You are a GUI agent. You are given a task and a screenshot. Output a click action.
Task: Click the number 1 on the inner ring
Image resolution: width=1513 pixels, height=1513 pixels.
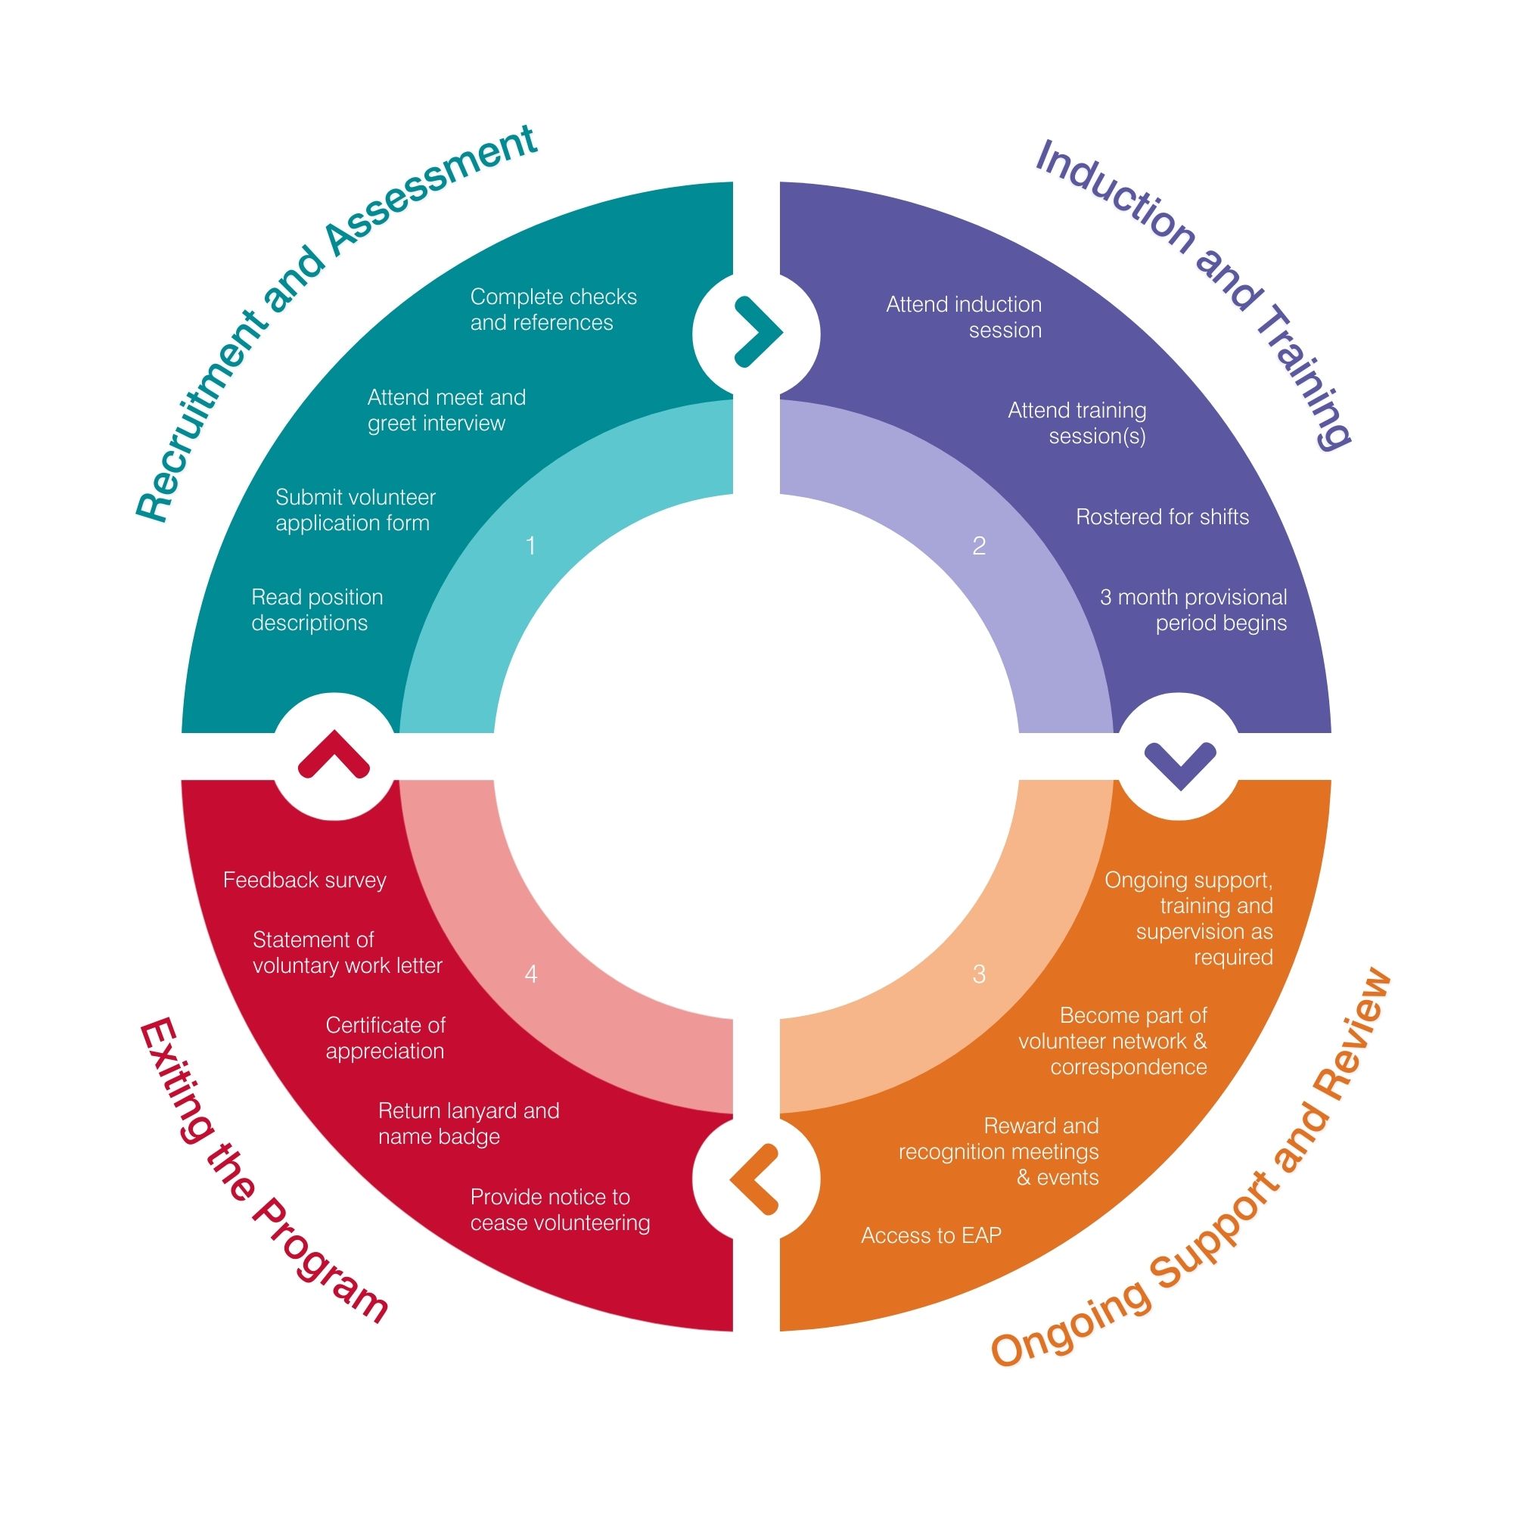click(531, 546)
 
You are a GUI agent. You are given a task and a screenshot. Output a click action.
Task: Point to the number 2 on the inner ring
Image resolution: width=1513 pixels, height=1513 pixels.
click(979, 546)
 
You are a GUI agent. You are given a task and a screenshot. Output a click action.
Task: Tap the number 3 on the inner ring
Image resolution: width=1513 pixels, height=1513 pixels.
click(979, 974)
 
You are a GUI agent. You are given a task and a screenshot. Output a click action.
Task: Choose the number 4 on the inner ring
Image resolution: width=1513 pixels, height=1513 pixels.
click(531, 974)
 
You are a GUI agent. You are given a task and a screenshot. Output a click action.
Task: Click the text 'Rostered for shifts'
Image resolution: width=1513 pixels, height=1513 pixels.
click(1162, 517)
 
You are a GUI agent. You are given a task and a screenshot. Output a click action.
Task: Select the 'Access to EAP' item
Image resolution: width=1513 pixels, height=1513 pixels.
click(931, 1235)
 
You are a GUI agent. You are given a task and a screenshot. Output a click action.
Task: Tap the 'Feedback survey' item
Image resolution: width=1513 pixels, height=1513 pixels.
click(305, 881)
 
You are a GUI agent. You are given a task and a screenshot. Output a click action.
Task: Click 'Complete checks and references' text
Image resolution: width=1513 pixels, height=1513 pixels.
click(554, 309)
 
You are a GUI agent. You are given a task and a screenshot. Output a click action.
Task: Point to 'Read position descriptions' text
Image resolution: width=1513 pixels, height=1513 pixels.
click(317, 609)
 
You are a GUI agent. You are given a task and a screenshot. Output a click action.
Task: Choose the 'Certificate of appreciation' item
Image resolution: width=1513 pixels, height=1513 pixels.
click(385, 1038)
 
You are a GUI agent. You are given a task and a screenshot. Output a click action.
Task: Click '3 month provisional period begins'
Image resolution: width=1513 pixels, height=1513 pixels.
click(1194, 609)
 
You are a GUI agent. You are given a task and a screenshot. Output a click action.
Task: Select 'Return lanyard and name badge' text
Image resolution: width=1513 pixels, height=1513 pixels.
click(468, 1123)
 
